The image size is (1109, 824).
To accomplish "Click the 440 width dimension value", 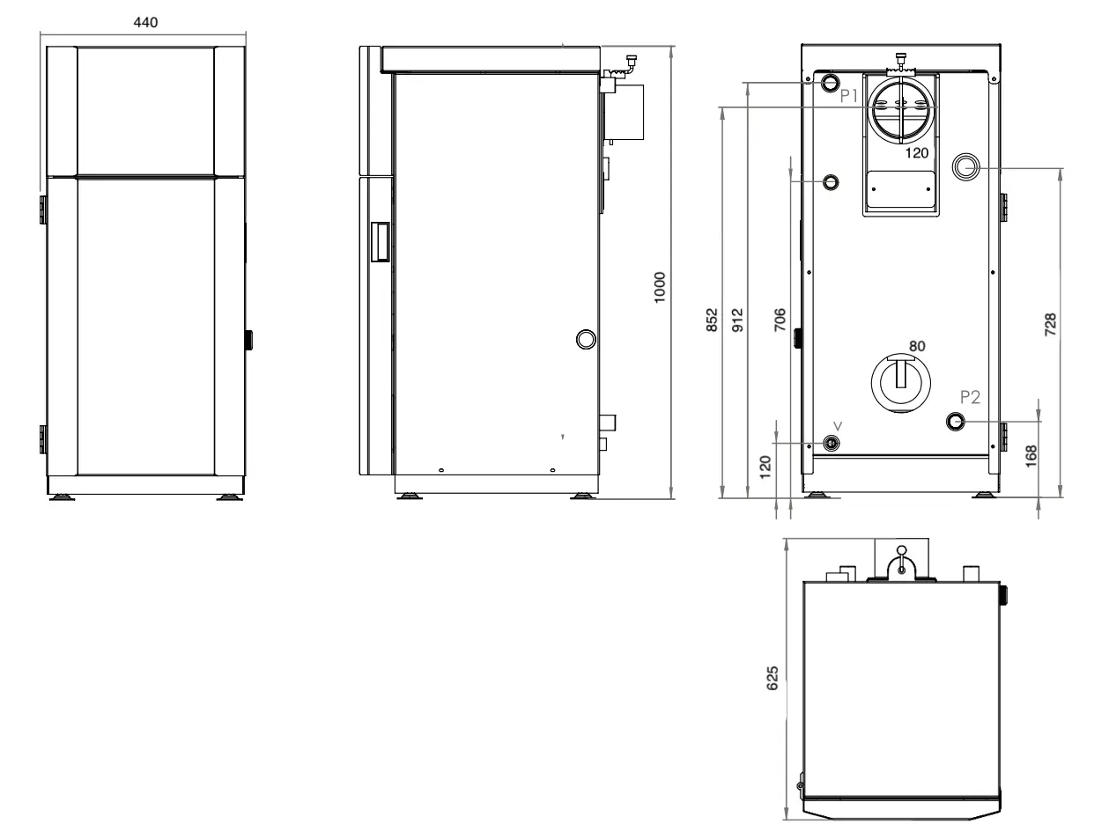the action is click(145, 23).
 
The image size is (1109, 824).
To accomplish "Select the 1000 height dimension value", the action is click(660, 287).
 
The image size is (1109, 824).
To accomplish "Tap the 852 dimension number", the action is click(712, 320).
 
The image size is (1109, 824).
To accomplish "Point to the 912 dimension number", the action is click(737, 320).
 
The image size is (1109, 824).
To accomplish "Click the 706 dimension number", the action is click(780, 320).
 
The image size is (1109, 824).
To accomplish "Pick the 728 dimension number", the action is click(1051, 324).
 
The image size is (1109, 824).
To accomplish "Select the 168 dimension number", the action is click(1031, 456).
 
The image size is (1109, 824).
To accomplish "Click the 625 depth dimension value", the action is click(773, 678).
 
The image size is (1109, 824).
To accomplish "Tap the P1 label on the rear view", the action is click(849, 95).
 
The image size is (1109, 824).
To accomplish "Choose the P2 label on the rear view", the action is click(970, 397).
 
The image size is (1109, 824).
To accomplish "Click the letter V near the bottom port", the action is click(838, 426).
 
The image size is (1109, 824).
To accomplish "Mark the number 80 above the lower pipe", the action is click(917, 346).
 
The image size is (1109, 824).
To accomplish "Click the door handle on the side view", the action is click(380, 242).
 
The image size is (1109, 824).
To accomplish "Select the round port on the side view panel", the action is click(586, 339).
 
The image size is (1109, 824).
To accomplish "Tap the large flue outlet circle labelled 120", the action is click(901, 107).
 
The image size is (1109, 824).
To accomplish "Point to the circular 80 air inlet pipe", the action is click(901, 383).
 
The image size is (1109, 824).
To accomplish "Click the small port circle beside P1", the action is click(831, 83).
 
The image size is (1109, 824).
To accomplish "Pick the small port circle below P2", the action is click(956, 422).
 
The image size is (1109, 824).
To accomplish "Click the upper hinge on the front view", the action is click(43, 210).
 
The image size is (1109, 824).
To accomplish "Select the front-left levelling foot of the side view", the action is click(409, 497).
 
